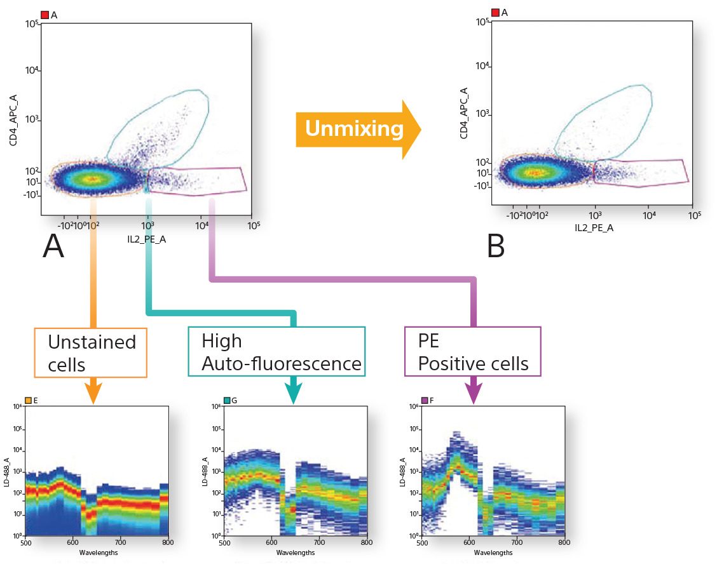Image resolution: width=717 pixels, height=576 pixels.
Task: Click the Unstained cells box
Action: (x=92, y=352)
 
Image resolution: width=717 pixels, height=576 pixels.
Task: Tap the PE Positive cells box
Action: (x=473, y=352)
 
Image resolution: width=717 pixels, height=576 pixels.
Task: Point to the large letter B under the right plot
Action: (x=496, y=246)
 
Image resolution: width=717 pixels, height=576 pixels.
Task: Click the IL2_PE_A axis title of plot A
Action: (x=146, y=238)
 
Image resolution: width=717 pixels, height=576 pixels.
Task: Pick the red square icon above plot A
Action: (x=44, y=14)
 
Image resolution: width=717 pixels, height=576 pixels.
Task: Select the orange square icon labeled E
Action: (x=28, y=401)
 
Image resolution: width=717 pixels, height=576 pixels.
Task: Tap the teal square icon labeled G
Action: (x=227, y=401)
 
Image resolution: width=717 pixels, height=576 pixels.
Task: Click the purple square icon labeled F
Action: (x=424, y=401)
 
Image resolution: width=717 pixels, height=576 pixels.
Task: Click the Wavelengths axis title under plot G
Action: (x=296, y=552)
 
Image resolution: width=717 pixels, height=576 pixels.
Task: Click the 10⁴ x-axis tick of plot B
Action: (x=649, y=215)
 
